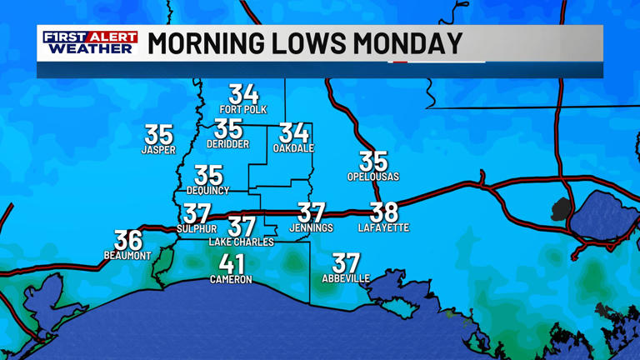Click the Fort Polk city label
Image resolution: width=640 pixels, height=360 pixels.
click(243, 109)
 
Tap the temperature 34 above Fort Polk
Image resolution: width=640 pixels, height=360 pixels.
click(243, 94)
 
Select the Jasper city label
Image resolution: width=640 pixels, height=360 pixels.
click(158, 150)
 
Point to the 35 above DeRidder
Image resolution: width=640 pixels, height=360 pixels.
click(228, 129)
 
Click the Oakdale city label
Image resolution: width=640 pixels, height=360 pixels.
click(293, 148)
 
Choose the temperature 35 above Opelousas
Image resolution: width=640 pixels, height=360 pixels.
click(373, 161)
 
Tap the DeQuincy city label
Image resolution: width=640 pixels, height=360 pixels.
click(207, 190)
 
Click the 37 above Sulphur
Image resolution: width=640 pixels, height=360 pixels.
click(197, 214)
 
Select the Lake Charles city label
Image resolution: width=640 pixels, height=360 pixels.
click(241, 242)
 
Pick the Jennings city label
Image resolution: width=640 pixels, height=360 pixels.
click(311, 227)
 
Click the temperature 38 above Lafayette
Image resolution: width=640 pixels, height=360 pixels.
click(384, 212)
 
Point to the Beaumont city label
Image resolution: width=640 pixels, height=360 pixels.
click(127, 255)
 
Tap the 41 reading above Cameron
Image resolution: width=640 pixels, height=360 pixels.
click(231, 264)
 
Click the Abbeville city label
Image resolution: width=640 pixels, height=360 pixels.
click(346, 278)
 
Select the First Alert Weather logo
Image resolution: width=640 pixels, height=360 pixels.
click(89, 42)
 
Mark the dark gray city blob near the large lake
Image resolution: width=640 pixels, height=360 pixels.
click(562, 209)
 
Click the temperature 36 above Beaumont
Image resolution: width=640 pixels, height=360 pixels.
click(128, 240)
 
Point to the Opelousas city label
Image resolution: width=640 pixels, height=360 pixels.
click(373, 177)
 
